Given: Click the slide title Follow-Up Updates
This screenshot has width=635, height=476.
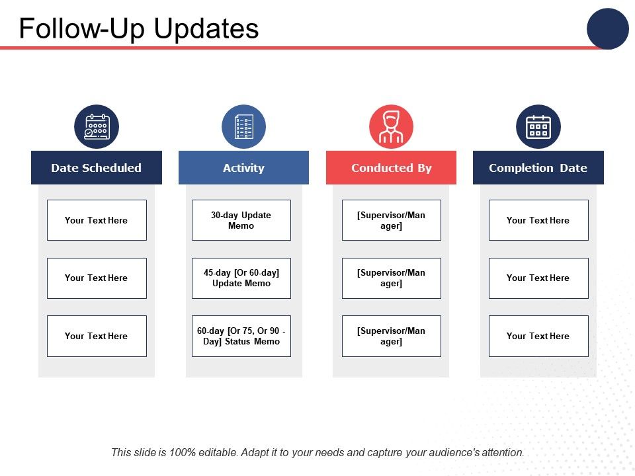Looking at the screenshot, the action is pyautogui.click(x=138, y=28).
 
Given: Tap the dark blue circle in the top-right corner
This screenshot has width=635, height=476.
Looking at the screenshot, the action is pyautogui.click(x=607, y=28).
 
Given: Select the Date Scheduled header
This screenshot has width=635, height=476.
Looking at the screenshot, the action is pyautogui.click(x=97, y=167).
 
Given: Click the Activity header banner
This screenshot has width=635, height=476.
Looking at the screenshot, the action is pyautogui.click(x=243, y=167).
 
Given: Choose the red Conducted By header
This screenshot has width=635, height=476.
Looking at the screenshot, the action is pyautogui.click(x=391, y=167).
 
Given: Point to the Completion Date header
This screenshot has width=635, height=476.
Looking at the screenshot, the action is pyautogui.click(x=538, y=167).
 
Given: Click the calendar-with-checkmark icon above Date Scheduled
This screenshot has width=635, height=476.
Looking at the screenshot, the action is pyautogui.click(x=97, y=127).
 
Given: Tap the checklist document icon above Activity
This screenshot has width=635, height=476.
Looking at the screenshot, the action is pyautogui.click(x=244, y=127).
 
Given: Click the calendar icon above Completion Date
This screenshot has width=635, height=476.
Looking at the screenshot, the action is pyautogui.click(x=538, y=127).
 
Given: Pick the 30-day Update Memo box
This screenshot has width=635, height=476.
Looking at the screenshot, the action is pyautogui.click(x=241, y=220).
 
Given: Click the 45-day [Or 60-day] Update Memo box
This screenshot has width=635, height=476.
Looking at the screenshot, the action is pyautogui.click(x=241, y=278).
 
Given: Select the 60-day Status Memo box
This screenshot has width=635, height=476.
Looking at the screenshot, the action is pyautogui.click(x=241, y=336).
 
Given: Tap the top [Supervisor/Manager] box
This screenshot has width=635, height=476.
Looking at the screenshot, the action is pyautogui.click(x=391, y=220).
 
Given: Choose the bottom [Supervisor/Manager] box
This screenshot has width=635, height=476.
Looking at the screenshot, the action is pyautogui.click(x=391, y=336).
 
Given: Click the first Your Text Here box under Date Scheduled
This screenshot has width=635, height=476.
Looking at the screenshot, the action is pyautogui.click(x=97, y=220).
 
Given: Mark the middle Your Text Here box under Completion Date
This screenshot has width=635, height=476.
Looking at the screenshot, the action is pyautogui.click(x=538, y=278).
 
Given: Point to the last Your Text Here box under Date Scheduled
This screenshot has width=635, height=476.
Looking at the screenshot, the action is pyautogui.click(x=97, y=336).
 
